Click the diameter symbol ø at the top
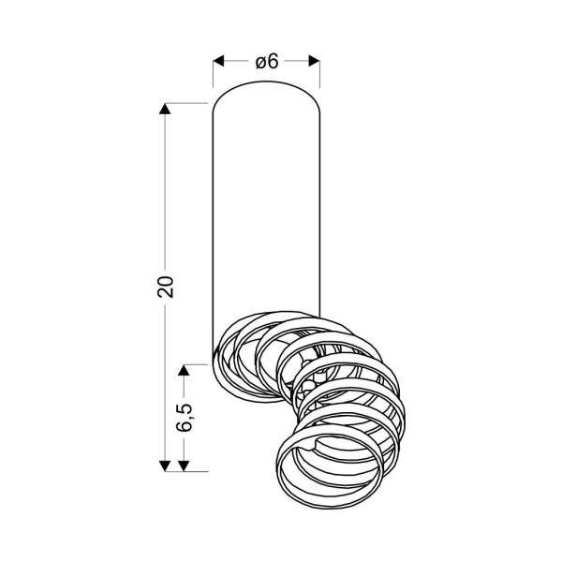click(x=260, y=62)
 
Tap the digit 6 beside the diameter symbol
click(x=274, y=62)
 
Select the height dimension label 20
click(x=167, y=286)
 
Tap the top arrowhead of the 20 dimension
click(x=167, y=110)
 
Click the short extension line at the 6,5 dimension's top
click(x=195, y=361)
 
